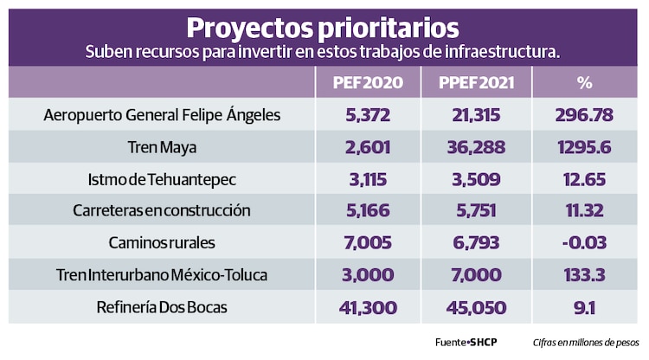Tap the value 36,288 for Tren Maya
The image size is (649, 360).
[474, 147]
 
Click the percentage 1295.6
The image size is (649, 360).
[585, 147]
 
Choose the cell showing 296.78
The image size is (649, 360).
[585, 115]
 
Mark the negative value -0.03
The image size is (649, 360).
[585, 243]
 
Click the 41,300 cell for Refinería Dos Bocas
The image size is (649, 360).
[367, 307]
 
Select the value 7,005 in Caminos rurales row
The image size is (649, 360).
[367, 243]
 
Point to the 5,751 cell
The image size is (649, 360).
[474, 211]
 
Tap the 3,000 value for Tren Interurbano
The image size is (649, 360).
[367, 275]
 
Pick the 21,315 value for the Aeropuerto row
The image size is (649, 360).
[474, 115]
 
